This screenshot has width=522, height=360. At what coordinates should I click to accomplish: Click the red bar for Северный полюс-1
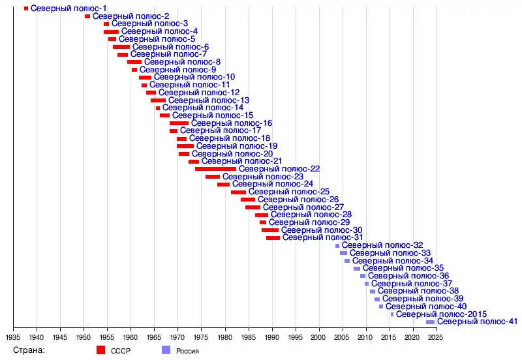pyautogui.click(x=26, y=8)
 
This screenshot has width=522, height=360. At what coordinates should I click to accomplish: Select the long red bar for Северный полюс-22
pyautogui.click(x=215, y=169)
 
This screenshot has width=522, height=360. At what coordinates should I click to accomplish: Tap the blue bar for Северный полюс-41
pyautogui.click(x=430, y=322)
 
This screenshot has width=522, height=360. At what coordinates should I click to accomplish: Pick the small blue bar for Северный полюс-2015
pyautogui.click(x=392, y=314)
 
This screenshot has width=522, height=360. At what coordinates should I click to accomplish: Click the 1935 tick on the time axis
pyautogui.click(x=13, y=337)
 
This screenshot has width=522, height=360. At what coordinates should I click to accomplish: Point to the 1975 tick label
pyautogui.click(x=201, y=337)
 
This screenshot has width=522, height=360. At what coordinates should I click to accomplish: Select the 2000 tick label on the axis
pyautogui.click(x=318, y=337)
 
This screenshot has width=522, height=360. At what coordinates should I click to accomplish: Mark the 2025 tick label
pyautogui.click(x=435, y=337)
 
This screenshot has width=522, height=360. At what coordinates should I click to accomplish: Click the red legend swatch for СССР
pyautogui.click(x=100, y=350)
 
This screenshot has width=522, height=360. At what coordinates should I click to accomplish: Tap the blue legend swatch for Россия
pyautogui.click(x=166, y=350)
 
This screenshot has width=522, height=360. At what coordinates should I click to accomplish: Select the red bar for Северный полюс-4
pyautogui.click(x=111, y=31)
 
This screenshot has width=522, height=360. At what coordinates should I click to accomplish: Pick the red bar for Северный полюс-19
pyautogui.click(x=185, y=146)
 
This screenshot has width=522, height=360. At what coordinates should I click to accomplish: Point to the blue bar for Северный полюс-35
pyautogui.click(x=357, y=269)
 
